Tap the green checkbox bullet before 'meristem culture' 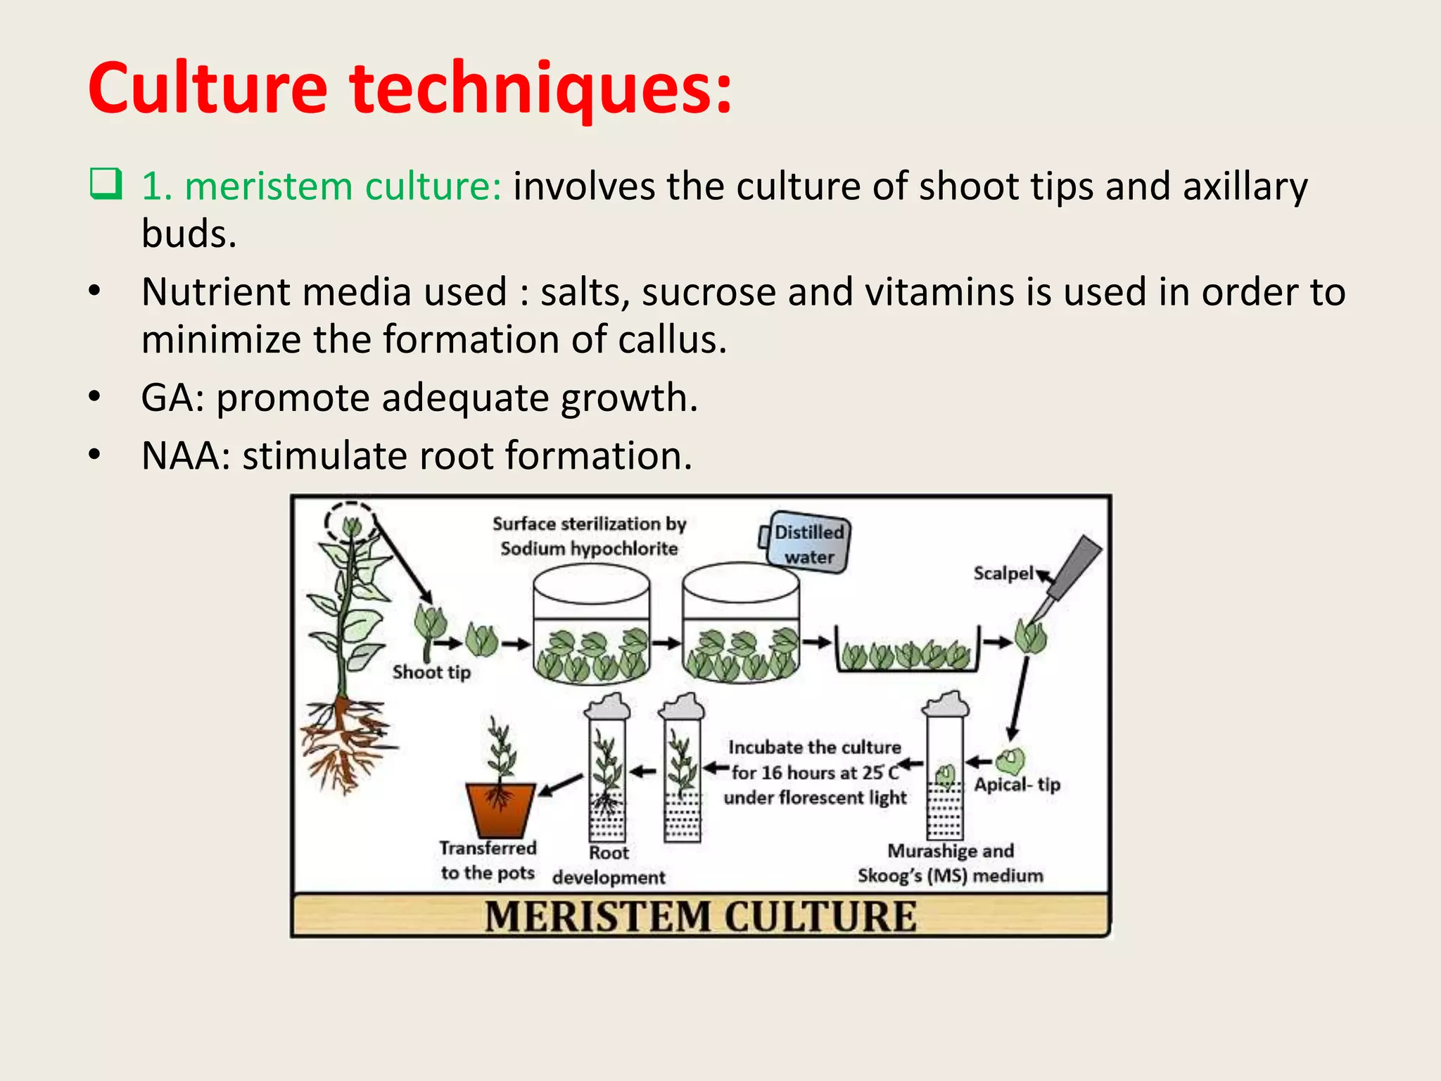point(106,184)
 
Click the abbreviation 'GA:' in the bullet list point(172,398)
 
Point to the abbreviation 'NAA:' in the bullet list point(186,456)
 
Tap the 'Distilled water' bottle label point(809,544)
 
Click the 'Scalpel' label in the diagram point(1003,574)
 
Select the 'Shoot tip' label point(431,672)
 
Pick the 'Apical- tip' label point(1017,784)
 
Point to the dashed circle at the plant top point(351,523)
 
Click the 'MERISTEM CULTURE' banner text point(701,916)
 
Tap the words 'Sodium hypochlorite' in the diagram point(589,548)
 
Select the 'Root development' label point(609,865)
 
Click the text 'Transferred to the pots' point(488,860)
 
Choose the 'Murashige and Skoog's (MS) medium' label point(950,863)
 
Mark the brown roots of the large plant point(345,742)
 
